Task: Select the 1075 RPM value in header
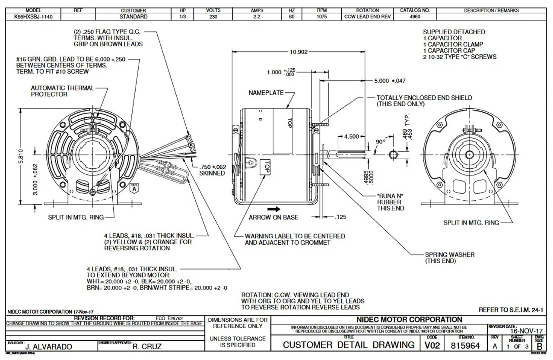tap(322, 17)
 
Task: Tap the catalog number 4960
tap(414, 17)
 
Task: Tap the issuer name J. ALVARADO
tap(48, 346)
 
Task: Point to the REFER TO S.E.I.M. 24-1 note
tap(512, 310)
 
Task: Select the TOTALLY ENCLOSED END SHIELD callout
tap(424, 101)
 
